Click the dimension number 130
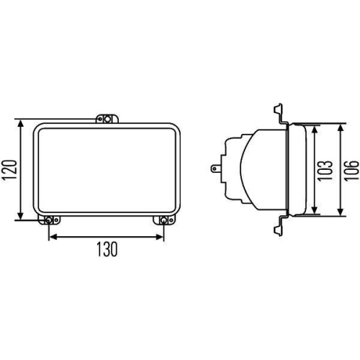106,249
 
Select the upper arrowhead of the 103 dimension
315,127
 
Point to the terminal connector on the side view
217,170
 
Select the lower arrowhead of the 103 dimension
315,212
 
